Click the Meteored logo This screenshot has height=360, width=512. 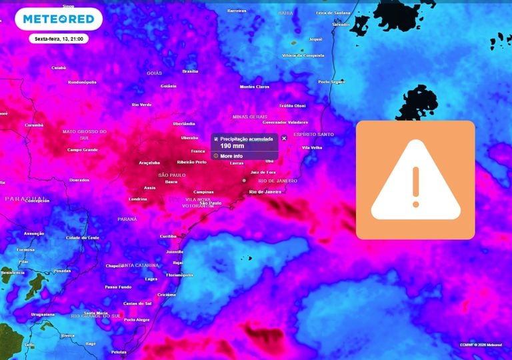59,19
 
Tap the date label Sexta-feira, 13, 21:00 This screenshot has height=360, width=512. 59,39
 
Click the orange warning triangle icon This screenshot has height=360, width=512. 415,180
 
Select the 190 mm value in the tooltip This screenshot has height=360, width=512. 231,145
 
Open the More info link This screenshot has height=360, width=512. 231,156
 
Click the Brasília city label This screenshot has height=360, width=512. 190,71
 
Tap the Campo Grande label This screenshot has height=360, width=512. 83,149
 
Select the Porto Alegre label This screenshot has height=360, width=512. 137,319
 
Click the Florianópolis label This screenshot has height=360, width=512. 179,275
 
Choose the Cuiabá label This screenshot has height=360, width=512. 59,67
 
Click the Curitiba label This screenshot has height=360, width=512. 168,236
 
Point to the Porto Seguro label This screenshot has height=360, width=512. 332,81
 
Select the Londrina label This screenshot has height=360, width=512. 138,199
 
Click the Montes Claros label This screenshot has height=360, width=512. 255,87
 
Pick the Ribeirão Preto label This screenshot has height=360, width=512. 191,162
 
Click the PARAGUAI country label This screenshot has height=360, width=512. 26,199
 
